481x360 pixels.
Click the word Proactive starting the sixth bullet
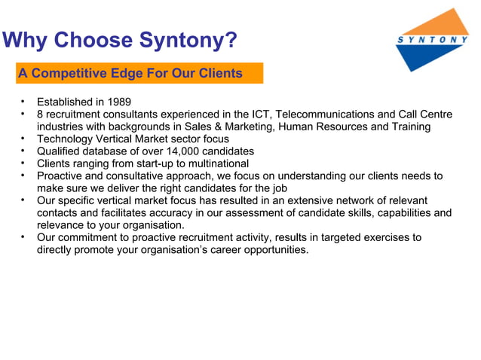pyautogui.click(x=61, y=176)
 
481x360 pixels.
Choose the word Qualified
pyautogui.click(x=60, y=151)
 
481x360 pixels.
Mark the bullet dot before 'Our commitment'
pyautogui.click(x=23, y=237)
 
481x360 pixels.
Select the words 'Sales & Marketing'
pyautogui.click(x=219, y=127)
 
